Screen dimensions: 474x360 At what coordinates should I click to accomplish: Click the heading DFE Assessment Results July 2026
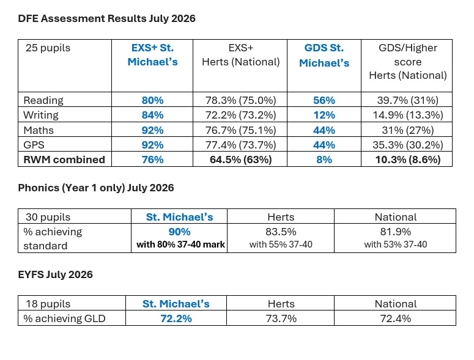tap(106, 18)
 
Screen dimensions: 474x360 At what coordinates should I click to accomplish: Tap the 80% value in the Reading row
tap(152, 100)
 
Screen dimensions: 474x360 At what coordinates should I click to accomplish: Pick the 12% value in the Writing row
tap(324, 115)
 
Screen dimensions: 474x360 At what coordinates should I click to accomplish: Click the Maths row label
tap(39, 130)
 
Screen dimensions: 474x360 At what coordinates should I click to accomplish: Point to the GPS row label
tap(34, 145)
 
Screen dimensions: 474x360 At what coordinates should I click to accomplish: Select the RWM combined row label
tap(64, 160)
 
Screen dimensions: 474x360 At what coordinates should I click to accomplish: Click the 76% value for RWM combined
tap(152, 160)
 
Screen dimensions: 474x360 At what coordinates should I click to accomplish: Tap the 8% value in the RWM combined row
tap(324, 160)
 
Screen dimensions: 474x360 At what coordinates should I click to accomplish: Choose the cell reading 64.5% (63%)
tap(240, 160)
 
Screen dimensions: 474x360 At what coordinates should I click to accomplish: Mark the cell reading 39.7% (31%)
tap(407, 100)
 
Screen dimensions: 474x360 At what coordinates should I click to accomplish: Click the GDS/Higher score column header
tap(408, 62)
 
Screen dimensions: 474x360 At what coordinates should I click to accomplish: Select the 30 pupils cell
tap(48, 217)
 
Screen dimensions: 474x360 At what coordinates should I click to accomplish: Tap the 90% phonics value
tap(179, 232)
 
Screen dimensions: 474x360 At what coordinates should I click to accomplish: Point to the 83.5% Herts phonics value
tap(281, 232)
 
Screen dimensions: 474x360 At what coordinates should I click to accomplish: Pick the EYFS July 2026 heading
tap(55, 274)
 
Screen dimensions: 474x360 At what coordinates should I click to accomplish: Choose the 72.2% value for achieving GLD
tap(176, 318)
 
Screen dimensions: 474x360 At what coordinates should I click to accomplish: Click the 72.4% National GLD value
tap(395, 318)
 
